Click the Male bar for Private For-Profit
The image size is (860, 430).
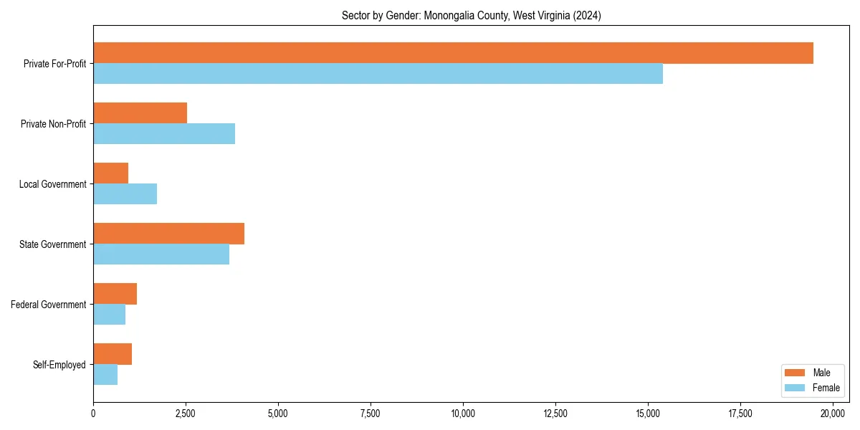pyautogui.click(x=453, y=53)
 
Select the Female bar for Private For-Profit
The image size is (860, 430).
pyautogui.click(x=378, y=74)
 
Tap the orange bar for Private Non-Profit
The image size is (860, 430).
pyautogui.click(x=140, y=113)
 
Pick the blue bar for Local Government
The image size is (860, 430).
pyautogui.click(x=125, y=194)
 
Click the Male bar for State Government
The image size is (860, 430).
pyautogui.click(x=168, y=234)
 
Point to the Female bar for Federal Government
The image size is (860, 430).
pyautogui.click(x=109, y=315)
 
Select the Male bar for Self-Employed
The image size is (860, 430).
pyautogui.click(x=113, y=354)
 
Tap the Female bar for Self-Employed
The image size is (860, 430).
pyautogui.click(x=105, y=375)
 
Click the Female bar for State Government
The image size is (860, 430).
pyautogui.click(x=161, y=254)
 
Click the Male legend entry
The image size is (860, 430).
pyautogui.click(x=821, y=373)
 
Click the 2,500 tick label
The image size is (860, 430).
pyautogui.click(x=186, y=414)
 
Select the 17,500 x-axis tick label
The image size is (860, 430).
pyautogui.click(x=740, y=414)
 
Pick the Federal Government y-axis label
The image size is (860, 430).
pyautogui.click(x=49, y=305)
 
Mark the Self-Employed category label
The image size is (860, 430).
pyautogui.click(x=59, y=365)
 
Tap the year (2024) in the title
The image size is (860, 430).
pyautogui.click(x=587, y=15)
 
